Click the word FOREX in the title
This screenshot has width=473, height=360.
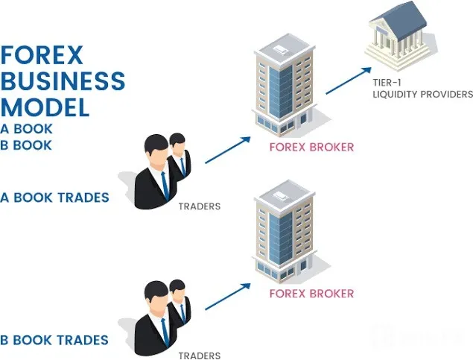(x=42, y=55)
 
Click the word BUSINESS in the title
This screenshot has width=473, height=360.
(x=63, y=80)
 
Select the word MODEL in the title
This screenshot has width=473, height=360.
(x=45, y=107)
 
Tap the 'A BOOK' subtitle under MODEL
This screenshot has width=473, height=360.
(x=26, y=129)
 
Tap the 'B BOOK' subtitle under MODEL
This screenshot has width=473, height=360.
(x=26, y=145)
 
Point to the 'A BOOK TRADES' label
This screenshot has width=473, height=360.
(x=54, y=198)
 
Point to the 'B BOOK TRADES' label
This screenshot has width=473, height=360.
(x=54, y=340)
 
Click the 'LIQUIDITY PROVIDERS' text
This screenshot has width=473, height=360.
(x=423, y=94)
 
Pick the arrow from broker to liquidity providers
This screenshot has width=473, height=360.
(x=349, y=80)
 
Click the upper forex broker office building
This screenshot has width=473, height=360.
(x=285, y=85)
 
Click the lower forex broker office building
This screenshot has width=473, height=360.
(x=285, y=232)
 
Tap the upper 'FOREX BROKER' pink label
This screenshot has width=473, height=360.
(x=311, y=148)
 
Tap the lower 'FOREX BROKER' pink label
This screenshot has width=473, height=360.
(x=311, y=294)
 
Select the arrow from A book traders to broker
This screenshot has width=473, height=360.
(x=228, y=150)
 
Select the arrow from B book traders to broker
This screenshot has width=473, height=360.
(x=228, y=297)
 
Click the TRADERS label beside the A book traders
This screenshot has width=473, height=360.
(x=200, y=206)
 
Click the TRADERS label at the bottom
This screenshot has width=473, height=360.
(x=200, y=356)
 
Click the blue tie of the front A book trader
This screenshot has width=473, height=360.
(x=165, y=186)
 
